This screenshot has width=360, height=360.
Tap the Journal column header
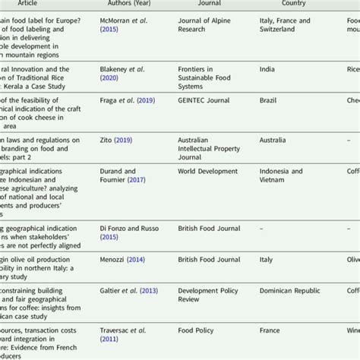(209, 3)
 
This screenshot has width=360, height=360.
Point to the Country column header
(293, 3)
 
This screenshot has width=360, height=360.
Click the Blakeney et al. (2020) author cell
(122, 73)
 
